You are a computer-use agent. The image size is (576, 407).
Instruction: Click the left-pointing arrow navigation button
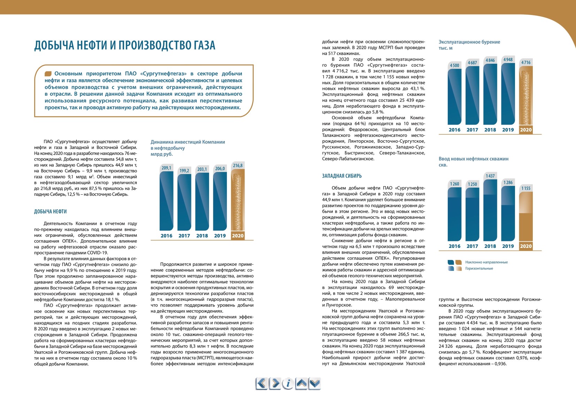261,384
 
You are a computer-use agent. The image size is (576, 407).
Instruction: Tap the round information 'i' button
288,384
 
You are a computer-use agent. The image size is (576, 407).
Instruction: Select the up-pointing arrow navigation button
301,384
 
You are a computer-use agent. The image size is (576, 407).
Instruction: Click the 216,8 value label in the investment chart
238,166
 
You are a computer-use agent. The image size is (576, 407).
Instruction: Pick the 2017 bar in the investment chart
184,202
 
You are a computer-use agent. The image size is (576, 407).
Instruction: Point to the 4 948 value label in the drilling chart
508,60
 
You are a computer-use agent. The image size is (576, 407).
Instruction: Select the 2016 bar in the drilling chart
454,96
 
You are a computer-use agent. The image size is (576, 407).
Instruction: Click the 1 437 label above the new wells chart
490,176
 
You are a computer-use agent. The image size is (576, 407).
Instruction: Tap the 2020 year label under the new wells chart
525,246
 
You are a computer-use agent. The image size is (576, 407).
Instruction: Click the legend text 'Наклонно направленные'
486,263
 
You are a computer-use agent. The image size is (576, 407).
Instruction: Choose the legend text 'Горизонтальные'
479,268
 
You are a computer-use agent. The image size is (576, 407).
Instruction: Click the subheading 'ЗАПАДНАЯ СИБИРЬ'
342,176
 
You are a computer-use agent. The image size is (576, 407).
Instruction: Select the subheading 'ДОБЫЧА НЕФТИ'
51,211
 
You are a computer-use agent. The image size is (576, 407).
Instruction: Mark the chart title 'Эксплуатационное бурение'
469,42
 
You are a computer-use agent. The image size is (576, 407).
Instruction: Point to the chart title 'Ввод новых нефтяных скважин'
474,159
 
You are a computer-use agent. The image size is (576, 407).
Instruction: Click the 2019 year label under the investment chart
220,236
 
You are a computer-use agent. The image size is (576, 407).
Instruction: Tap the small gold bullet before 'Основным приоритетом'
48,74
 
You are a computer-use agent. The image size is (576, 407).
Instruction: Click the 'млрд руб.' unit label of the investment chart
161,154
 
